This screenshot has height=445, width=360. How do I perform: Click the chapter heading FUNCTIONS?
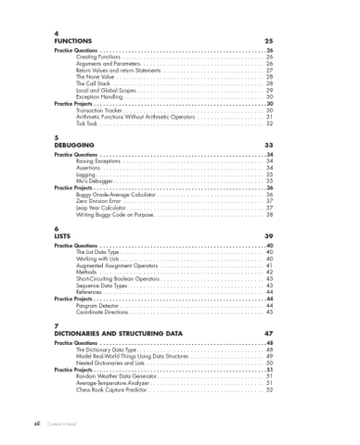[x=73, y=42]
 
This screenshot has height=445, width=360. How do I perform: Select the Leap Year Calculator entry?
[x=105, y=209]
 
